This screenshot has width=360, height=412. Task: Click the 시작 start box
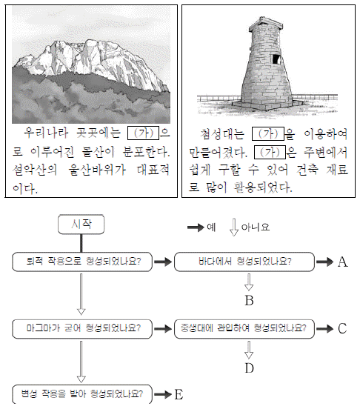pos(81,224)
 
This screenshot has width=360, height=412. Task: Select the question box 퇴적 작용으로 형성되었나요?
pos(82,262)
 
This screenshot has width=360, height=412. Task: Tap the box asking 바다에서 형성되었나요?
pos(244,262)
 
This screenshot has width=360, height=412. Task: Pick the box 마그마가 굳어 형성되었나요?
pos(82,329)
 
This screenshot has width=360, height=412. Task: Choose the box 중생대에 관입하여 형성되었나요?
pos(244,329)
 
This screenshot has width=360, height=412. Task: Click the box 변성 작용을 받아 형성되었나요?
pos(82,394)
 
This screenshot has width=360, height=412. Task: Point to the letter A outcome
pos(342,262)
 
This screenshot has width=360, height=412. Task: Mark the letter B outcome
pos(249,300)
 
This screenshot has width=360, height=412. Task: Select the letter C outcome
pos(342,328)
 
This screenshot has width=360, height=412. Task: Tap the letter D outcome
pos(249,368)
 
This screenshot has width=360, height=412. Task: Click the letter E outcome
pos(179,394)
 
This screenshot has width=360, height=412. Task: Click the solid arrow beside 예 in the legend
pos(196,227)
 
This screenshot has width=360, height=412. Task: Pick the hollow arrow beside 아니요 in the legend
pos(234,227)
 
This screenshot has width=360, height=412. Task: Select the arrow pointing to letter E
pos(163,394)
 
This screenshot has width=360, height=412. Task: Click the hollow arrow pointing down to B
pos(249,282)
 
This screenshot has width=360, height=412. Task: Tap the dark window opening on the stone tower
pos(276,59)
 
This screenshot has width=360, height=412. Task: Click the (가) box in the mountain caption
pos(143,133)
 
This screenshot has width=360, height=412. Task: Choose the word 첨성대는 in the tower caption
pos(222,133)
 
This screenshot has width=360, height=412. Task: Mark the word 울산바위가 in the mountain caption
pos(97,170)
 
